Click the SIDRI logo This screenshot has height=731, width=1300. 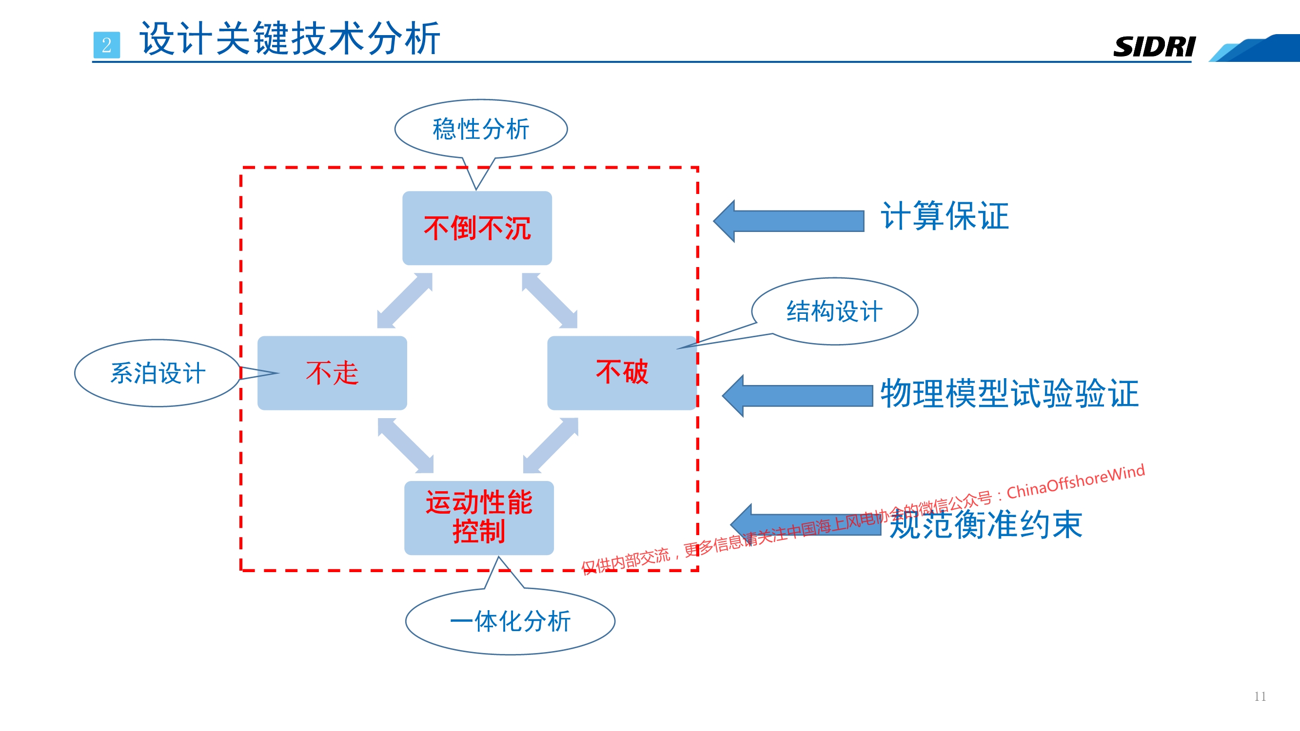[1154, 46]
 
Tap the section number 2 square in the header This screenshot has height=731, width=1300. [106, 45]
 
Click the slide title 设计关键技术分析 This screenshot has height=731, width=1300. [290, 38]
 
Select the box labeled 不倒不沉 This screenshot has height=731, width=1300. [477, 228]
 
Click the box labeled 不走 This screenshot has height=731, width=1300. [332, 373]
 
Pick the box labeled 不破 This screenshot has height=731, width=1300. [622, 373]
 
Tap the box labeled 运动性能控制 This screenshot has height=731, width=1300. [479, 518]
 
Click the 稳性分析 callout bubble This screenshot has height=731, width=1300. [481, 129]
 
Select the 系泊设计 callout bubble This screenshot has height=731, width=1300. [158, 373]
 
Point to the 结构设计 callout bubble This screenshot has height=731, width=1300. [835, 311]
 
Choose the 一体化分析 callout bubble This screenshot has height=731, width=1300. [510, 621]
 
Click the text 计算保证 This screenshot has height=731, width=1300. [945, 216]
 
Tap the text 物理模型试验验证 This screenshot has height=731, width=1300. [1009, 393]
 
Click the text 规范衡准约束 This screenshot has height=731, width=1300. [985, 524]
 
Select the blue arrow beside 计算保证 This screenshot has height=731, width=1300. [789, 221]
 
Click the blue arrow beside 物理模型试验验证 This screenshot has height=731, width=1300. [797, 396]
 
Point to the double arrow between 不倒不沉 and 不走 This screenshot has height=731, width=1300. [405, 301]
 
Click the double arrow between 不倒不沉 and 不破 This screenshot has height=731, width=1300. [550, 301]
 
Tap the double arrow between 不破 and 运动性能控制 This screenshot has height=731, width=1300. [551, 445]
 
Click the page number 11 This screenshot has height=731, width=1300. [1260, 697]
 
